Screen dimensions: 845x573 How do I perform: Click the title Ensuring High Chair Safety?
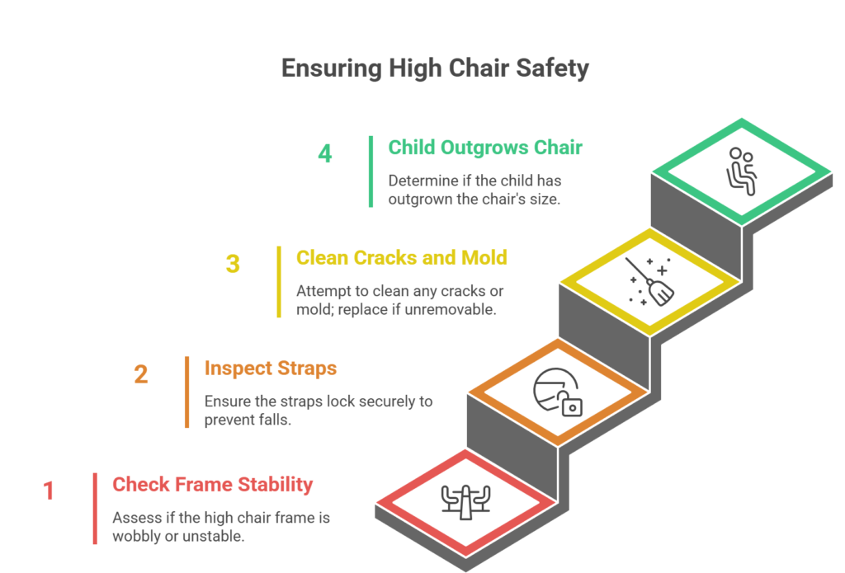click(435, 68)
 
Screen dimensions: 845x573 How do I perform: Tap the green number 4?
click(325, 154)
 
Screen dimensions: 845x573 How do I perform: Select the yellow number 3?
click(233, 264)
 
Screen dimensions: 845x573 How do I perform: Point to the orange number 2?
click(141, 374)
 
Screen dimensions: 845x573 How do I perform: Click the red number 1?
click(49, 491)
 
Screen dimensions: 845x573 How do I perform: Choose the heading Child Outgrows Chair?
click(485, 148)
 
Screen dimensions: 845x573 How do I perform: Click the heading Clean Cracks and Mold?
click(401, 258)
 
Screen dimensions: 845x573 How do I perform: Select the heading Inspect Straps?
click(270, 368)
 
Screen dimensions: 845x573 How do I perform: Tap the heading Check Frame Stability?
click(212, 484)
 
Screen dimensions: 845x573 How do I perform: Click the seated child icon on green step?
click(740, 172)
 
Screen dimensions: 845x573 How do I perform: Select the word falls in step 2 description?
click(276, 420)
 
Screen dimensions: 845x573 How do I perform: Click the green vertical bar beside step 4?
click(371, 171)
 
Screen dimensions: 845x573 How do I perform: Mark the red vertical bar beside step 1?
click(95, 508)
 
